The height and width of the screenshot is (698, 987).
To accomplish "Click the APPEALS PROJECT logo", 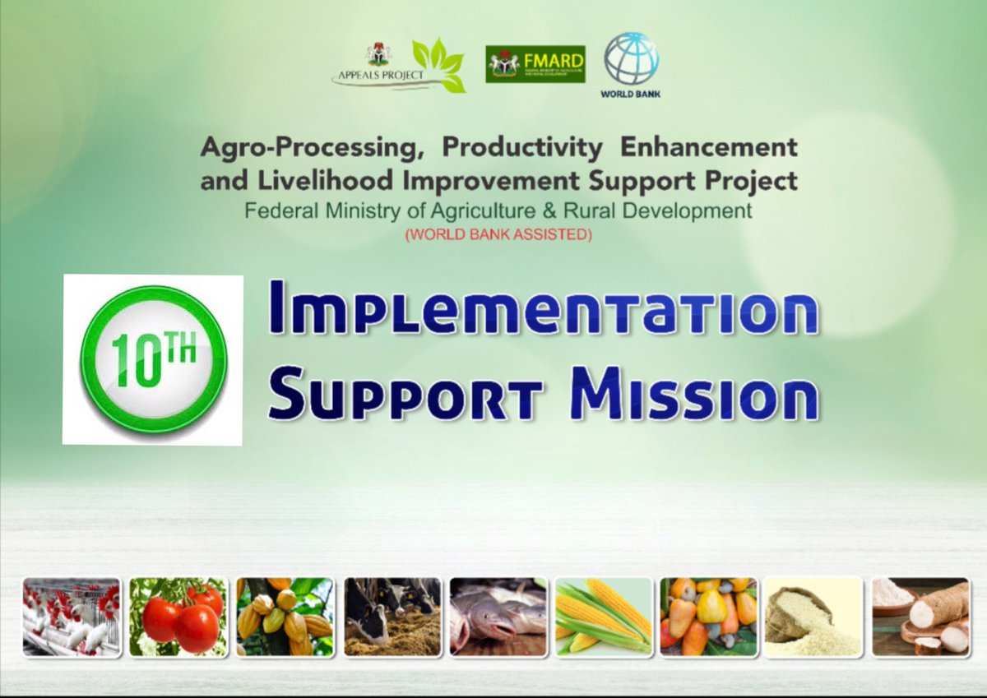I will pyautogui.click(x=399, y=66).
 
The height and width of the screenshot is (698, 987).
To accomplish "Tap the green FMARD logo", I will pyautogui.click(x=535, y=64).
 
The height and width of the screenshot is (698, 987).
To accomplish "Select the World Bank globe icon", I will pyautogui.click(x=631, y=59).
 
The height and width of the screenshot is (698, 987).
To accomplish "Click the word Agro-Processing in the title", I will pyautogui.click(x=313, y=148).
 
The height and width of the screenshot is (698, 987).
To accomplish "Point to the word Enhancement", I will pyautogui.click(x=708, y=148).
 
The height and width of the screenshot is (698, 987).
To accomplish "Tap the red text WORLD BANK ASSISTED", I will pyautogui.click(x=498, y=235).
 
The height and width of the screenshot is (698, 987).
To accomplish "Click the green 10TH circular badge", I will pyautogui.click(x=153, y=359).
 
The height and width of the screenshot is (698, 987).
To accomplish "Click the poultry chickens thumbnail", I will pyautogui.click(x=72, y=617).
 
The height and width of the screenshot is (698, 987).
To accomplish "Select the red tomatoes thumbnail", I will pyautogui.click(x=178, y=617).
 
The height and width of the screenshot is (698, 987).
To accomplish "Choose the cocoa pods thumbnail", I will pyautogui.click(x=285, y=617).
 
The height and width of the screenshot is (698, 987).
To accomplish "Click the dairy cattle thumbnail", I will pyautogui.click(x=392, y=617).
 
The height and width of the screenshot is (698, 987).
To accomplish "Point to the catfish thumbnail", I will pyautogui.click(x=498, y=617).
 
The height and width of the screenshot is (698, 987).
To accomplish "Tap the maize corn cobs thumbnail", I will pyautogui.click(x=604, y=617).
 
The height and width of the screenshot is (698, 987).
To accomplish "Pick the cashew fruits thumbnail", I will pyautogui.click(x=708, y=617).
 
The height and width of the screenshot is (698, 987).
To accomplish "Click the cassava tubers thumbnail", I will pyautogui.click(x=920, y=617).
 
